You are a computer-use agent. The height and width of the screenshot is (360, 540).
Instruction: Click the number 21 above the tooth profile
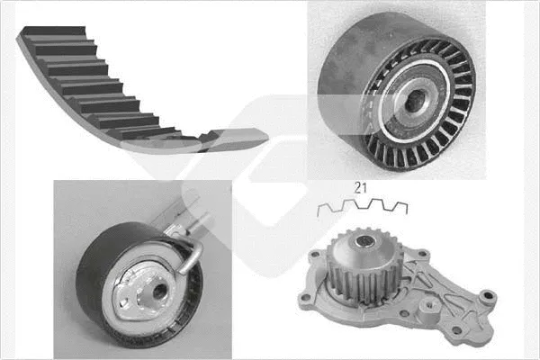point(360,188)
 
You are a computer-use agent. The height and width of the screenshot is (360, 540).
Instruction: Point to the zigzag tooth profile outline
point(363,208)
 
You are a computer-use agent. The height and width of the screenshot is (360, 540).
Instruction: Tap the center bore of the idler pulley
point(413,101)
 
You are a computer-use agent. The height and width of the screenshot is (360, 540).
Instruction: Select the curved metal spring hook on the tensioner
point(192,256)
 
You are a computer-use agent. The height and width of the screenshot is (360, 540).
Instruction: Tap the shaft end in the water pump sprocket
point(365,241)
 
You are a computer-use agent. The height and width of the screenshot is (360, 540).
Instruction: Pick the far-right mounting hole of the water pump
point(487,295)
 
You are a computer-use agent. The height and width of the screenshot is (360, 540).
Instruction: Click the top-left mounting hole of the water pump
point(314,256)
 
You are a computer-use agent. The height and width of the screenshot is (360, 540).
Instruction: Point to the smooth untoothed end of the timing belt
point(238,139)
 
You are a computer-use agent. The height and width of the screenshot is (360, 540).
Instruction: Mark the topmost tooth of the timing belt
point(55,31)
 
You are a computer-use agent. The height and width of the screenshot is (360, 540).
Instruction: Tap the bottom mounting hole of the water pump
point(457,330)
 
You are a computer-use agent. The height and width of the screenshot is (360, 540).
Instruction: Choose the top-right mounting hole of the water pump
point(423,255)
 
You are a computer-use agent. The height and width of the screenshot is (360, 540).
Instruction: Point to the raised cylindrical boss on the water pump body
point(428,306)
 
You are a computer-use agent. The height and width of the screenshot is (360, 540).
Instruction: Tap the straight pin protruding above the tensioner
point(202,222)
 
